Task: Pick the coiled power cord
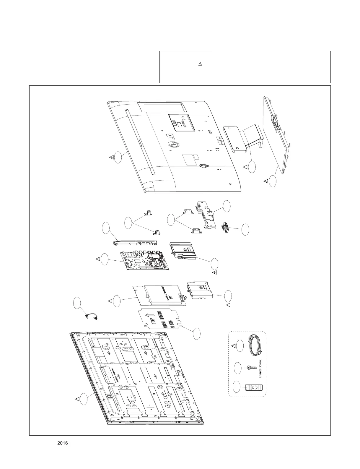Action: (x=255, y=346)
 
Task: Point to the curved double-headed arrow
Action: (x=92, y=316)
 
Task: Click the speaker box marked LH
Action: (x=183, y=251)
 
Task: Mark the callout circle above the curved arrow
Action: (x=77, y=304)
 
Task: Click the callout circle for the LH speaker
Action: (x=215, y=264)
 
